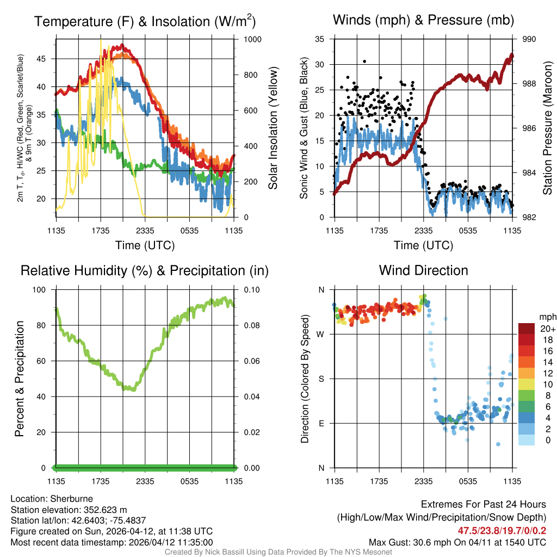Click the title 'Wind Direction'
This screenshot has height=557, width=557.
click(423, 270)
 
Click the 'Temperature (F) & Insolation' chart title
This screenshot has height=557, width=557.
click(144, 22)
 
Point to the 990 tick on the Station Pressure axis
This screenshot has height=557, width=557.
click(529, 40)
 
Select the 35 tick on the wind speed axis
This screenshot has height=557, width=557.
click(320, 40)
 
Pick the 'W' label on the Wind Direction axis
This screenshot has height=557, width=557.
click(321, 334)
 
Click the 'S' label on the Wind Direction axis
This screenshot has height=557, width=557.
click(321, 379)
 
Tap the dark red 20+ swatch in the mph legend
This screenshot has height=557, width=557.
click(527, 329)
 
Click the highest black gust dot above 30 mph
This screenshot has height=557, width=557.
click(364, 61)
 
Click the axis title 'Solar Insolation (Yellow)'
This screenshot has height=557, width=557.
click(273, 128)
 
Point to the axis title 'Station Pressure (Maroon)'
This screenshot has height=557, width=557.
click(548, 128)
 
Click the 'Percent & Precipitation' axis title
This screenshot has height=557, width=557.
click(19, 379)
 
